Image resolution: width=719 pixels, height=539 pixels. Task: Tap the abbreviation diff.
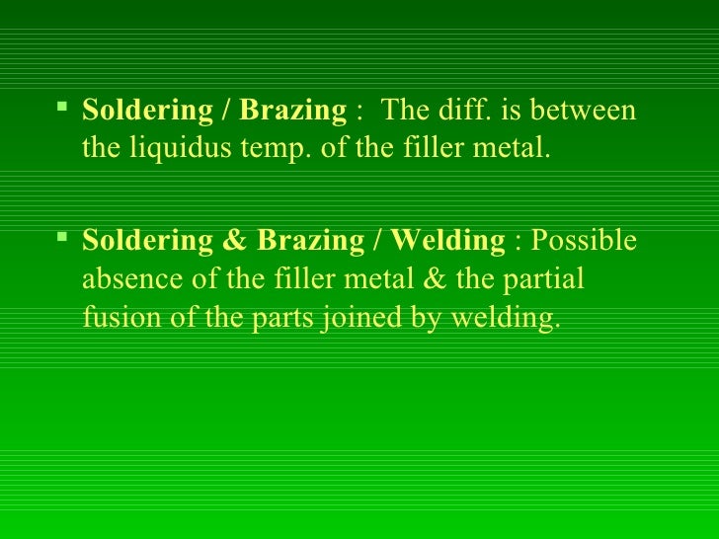click(462, 111)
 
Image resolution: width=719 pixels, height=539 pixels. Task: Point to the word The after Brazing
click(403, 111)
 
